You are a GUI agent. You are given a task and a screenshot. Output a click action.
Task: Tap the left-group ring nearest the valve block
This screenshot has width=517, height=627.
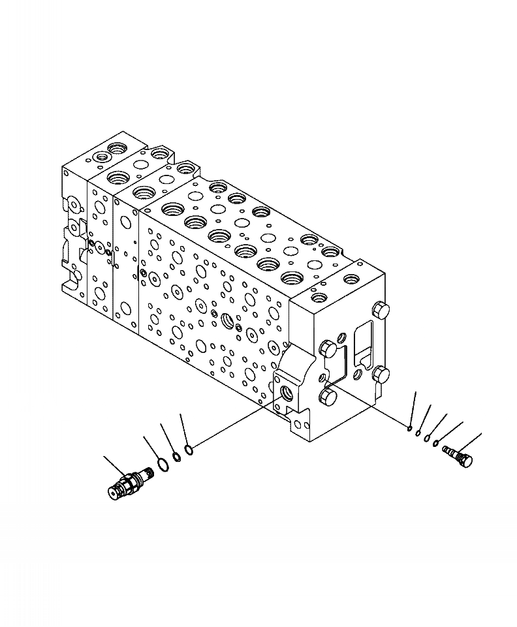point(189,449)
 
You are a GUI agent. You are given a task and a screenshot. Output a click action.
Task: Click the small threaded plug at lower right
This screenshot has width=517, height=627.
point(457,455)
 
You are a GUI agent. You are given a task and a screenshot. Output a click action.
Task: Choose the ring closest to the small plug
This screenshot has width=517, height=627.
point(435,444)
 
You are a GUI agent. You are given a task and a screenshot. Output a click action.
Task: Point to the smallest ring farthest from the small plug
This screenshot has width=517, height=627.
point(409,428)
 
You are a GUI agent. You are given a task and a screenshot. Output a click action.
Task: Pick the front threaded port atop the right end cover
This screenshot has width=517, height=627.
point(320,298)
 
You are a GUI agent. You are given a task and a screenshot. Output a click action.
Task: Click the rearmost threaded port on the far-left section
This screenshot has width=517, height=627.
point(119,148)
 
